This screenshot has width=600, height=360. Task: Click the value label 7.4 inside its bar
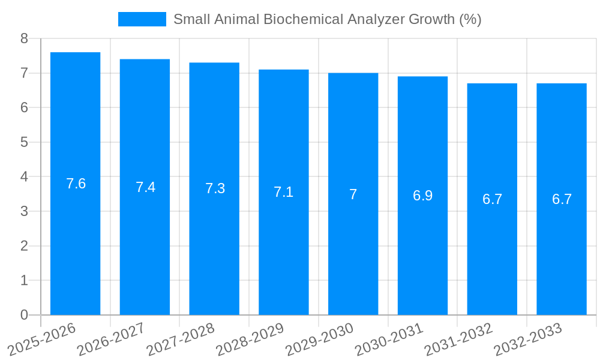(x=145, y=187)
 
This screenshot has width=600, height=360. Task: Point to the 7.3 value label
(x=215, y=188)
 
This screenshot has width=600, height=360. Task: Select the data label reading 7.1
(x=284, y=192)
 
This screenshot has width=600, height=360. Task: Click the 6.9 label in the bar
(x=422, y=196)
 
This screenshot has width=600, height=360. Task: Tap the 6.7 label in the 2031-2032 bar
(x=492, y=199)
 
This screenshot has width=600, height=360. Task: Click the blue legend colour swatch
(x=142, y=19)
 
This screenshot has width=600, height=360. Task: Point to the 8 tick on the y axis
(x=24, y=38)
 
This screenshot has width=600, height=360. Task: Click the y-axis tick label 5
(x=24, y=142)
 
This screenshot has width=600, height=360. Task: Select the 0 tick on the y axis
(x=24, y=315)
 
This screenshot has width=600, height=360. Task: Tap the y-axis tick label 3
(x=24, y=211)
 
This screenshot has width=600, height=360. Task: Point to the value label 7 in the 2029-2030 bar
(x=353, y=194)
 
